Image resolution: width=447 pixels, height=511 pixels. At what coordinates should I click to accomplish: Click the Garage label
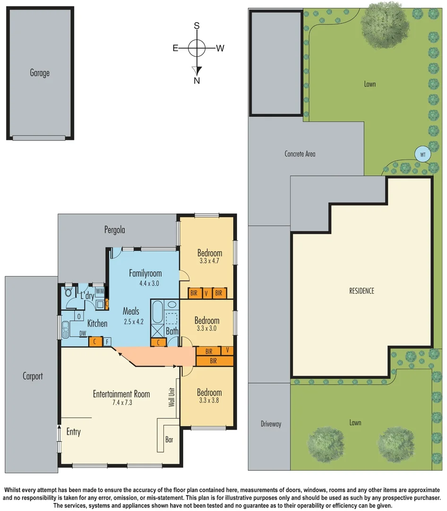pos(40,73)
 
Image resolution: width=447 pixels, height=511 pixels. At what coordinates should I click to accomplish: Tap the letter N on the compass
pos(197,80)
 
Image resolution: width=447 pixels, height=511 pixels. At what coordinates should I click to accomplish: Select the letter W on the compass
pos(220,48)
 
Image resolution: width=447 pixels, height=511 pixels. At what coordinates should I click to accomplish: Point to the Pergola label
pos(115,230)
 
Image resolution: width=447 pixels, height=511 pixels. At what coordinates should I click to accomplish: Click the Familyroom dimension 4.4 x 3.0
pos(145,283)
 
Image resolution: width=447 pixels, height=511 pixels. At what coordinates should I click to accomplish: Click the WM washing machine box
pos(100,291)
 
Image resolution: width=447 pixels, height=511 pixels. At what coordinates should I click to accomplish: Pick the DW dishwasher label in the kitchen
pos(83,334)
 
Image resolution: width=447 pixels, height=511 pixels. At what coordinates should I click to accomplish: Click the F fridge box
pos(107,341)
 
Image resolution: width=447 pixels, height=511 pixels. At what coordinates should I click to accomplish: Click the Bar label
pos(169,440)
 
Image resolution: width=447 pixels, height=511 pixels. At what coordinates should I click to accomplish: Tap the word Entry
pos(73,432)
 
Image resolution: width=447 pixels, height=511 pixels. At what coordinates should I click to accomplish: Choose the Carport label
pos(33,376)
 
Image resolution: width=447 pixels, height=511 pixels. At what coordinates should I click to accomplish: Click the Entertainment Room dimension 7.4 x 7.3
pos(121,403)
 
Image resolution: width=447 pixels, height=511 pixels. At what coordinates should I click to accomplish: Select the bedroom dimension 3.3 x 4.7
pos(209,261)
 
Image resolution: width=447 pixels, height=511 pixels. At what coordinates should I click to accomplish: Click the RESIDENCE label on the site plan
pos(362,291)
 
